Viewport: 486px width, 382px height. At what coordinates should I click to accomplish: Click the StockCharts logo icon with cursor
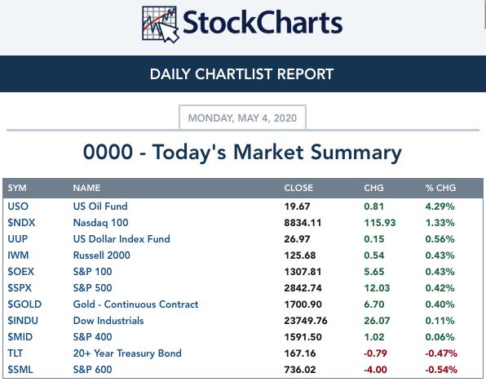[161, 24]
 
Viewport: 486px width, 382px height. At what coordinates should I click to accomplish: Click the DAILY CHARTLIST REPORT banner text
[241, 74]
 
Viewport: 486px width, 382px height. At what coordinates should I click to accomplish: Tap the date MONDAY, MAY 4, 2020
[242, 118]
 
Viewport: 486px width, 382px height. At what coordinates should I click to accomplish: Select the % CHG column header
[440, 188]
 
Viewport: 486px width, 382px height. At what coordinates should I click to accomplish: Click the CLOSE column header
[298, 188]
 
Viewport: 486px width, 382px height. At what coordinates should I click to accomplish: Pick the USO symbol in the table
[18, 207]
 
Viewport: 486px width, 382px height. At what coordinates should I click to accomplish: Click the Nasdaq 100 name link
[101, 223]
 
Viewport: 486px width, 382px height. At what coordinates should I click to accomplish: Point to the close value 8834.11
[303, 223]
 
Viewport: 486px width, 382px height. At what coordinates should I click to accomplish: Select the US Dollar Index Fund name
[121, 239]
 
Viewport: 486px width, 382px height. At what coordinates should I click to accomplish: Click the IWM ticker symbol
[18, 255]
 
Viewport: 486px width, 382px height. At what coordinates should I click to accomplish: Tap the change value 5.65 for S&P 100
[374, 272]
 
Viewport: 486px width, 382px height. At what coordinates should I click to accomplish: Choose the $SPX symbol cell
[20, 288]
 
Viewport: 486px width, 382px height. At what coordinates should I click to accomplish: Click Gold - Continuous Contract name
[135, 304]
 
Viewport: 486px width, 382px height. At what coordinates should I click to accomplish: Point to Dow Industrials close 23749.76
[306, 321]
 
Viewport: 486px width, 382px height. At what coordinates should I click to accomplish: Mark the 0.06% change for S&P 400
[440, 337]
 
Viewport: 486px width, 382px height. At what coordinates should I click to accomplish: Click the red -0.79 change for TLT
[375, 353]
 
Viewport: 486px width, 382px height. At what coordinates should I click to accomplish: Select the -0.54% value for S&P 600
[441, 370]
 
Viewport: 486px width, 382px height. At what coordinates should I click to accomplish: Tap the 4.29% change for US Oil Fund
[440, 207]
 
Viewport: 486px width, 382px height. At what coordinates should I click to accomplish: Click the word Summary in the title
[356, 153]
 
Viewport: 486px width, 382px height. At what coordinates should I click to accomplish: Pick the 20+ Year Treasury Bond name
[127, 353]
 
